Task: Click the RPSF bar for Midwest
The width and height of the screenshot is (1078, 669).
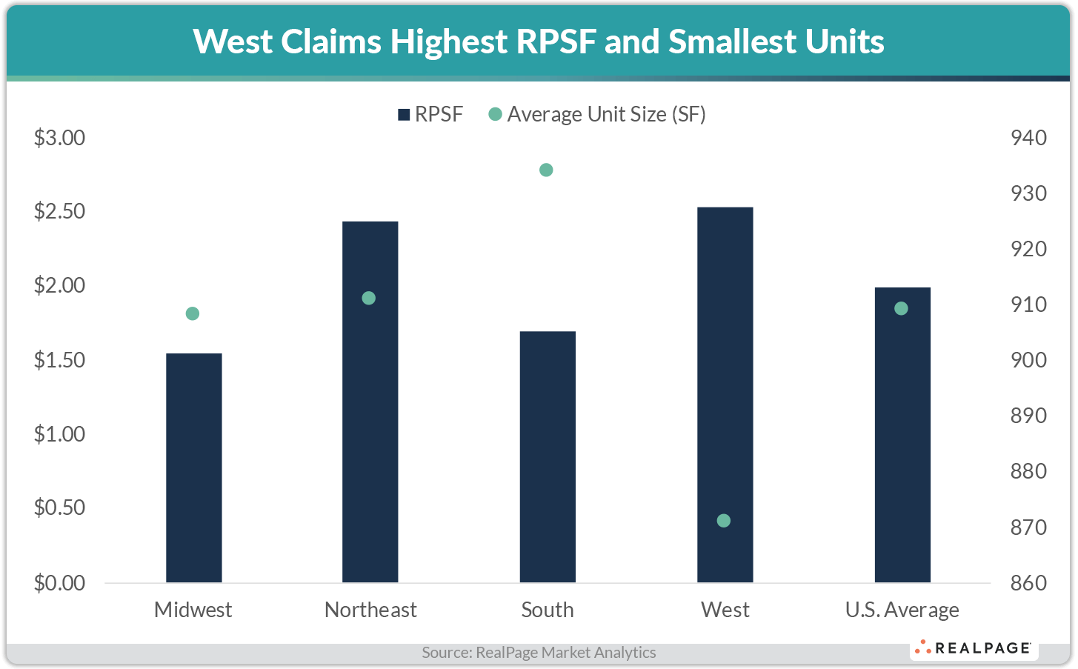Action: click(193, 467)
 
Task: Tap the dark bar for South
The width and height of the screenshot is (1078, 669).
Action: click(548, 456)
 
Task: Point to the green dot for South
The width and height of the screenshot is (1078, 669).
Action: click(546, 170)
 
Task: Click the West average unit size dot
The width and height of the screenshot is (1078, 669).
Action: click(724, 521)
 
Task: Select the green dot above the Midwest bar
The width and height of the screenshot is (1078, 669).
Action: click(192, 313)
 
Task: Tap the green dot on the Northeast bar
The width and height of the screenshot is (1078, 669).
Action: click(369, 298)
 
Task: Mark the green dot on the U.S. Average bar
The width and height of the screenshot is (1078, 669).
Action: click(901, 308)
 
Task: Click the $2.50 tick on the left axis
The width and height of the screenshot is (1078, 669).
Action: click(59, 212)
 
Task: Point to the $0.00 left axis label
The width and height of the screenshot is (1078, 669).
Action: click(59, 583)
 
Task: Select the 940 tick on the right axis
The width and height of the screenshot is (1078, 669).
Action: click(1028, 138)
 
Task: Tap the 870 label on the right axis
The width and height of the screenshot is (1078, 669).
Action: click(1028, 527)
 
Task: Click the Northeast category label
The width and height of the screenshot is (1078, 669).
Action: click(370, 610)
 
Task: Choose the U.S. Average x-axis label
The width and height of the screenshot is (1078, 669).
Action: click(902, 610)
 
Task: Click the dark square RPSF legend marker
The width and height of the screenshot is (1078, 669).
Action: click(404, 115)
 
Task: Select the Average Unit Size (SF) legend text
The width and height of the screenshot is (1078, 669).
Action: click(606, 114)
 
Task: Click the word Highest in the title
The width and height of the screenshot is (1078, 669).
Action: click(448, 41)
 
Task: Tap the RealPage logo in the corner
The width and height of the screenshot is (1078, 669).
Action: click(974, 648)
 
